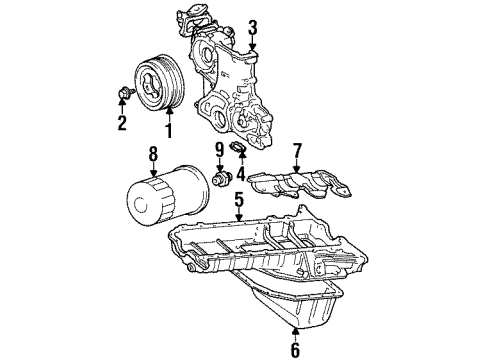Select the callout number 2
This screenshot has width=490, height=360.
tap(122, 125)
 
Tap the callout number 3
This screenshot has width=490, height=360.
tap(253, 27)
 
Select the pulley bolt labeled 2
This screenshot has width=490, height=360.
tap(121, 96)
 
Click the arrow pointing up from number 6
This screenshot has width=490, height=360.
tap(295, 330)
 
